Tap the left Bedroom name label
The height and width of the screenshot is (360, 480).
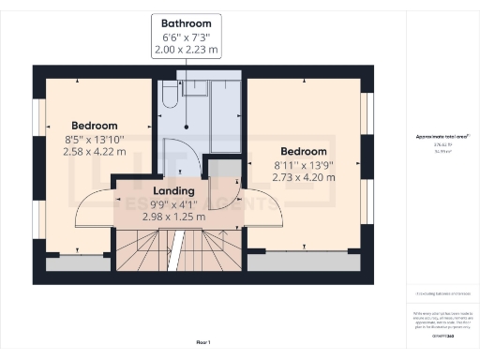click(95, 126)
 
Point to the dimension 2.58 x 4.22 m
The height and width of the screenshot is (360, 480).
click(95, 151)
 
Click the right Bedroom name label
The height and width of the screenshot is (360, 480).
click(304, 151)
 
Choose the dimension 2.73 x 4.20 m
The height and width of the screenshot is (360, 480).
click(304, 176)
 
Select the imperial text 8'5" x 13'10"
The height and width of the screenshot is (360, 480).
click(95, 139)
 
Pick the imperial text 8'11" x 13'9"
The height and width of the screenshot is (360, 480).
click(304, 164)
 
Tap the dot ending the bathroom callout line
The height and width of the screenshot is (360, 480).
click(187, 127)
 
